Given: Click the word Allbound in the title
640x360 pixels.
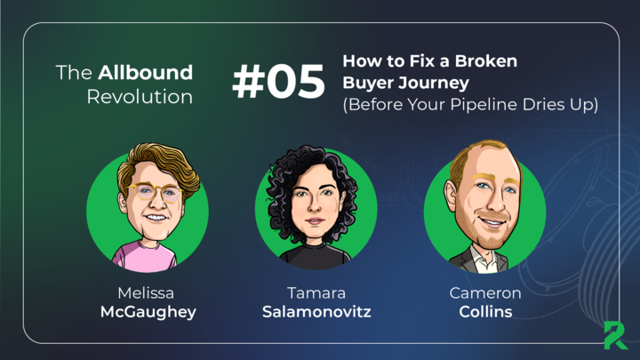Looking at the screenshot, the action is (145, 73).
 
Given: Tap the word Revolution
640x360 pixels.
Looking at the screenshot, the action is (140, 97).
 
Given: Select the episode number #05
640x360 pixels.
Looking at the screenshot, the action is (279, 82).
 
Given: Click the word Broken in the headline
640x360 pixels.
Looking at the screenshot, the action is (486, 61).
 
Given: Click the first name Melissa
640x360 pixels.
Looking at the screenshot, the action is (146, 292).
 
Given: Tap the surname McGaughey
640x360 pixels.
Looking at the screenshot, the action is (148, 312).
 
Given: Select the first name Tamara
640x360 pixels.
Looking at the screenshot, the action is (316, 292).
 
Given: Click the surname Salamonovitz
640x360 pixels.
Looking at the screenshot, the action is (316, 312).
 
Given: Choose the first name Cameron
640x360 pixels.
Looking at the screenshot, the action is (485, 292).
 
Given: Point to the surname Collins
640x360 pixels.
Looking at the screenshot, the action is (485, 312).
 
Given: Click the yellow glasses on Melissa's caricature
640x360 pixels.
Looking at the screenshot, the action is (156, 192).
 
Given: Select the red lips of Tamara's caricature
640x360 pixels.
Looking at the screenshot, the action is (315, 221).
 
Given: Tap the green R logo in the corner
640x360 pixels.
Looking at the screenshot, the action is (615, 335).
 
